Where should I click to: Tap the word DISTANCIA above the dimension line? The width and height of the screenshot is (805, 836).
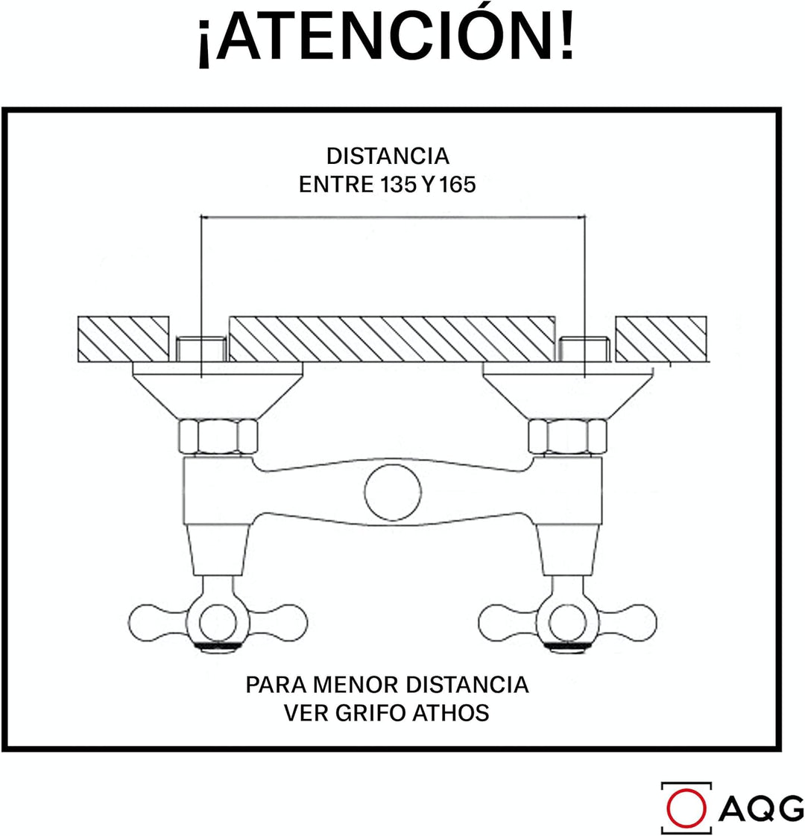coord(388,156)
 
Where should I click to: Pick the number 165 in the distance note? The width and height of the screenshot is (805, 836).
coord(457,185)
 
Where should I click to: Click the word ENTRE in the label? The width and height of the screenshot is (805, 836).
coord(337,185)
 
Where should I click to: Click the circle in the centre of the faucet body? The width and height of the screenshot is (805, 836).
coord(393,492)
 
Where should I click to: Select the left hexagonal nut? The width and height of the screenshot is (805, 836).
coord(218,437)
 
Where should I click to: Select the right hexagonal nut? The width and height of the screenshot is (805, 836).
coord(568,437)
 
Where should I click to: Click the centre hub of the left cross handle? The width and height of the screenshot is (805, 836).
coord(218,622)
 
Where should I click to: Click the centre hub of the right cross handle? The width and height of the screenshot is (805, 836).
coord(568,622)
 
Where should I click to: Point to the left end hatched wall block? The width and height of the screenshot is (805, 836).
coord(124,340)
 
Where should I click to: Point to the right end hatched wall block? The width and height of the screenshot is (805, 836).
coord(661,340)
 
